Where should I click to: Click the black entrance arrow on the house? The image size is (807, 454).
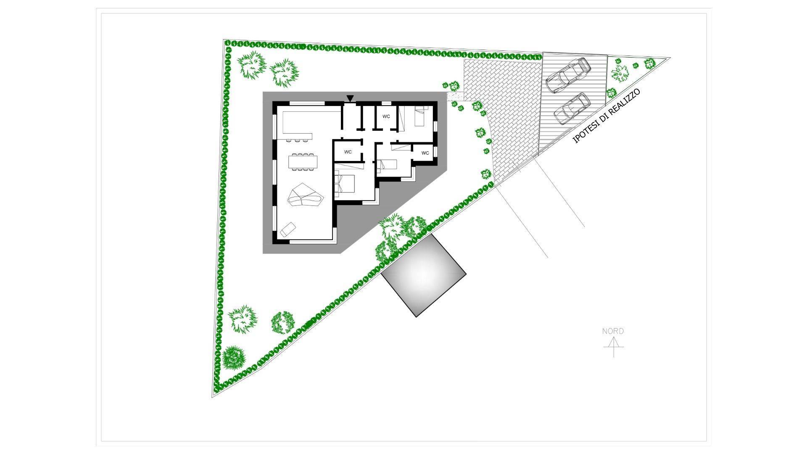tap(350, 98)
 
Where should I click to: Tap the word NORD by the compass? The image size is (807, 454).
tap(613, 331)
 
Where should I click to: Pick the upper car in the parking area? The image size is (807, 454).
tap(568, 75)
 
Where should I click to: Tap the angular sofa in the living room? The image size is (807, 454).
tap(306, 195)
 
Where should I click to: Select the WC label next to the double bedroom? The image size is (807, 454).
tap(348, 152)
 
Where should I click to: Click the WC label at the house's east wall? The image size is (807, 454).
tap(425, 153)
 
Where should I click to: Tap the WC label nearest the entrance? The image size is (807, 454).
tap(386, 116)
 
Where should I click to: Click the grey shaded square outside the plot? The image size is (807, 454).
tap(423, 274)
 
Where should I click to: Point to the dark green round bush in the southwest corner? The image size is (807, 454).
tap(233, 357)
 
